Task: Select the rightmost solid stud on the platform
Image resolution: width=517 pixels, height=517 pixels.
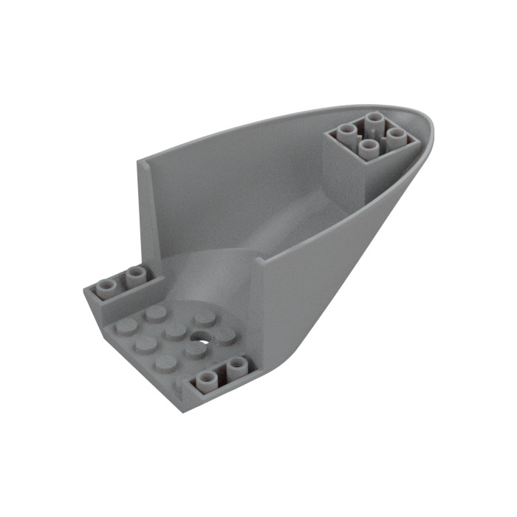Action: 224,335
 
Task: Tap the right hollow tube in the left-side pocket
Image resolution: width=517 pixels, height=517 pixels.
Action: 134,275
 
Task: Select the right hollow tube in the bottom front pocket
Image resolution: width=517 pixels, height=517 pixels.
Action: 236,365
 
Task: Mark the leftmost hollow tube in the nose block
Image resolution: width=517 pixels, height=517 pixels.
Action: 345,133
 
